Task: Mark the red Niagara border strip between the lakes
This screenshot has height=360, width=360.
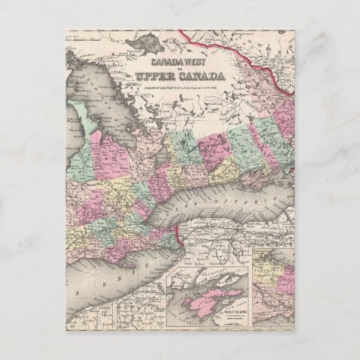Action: [x=178, y=234]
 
